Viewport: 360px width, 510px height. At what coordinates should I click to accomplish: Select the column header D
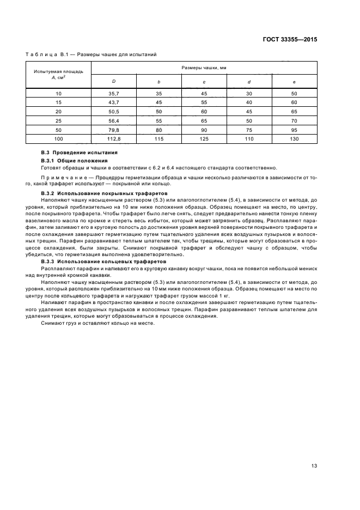point(113,82)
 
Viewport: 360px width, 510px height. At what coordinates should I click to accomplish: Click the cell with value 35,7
point(113,94)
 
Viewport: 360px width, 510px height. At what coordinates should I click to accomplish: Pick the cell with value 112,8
point(113,138)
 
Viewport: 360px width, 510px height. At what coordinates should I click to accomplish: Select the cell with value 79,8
point(113,130)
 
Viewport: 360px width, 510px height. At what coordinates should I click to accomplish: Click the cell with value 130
point(294,138)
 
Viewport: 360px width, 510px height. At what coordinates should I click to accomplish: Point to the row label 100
point(58,138)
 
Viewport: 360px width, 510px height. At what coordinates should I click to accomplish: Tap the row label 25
point(58,121)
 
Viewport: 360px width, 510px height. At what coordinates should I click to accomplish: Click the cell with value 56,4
point(113,121)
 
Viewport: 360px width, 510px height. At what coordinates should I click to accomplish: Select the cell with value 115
point(158,138)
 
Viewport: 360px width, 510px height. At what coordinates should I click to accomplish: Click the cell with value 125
point(204,138)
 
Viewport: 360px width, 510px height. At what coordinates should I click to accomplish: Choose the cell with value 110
point(249,138)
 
